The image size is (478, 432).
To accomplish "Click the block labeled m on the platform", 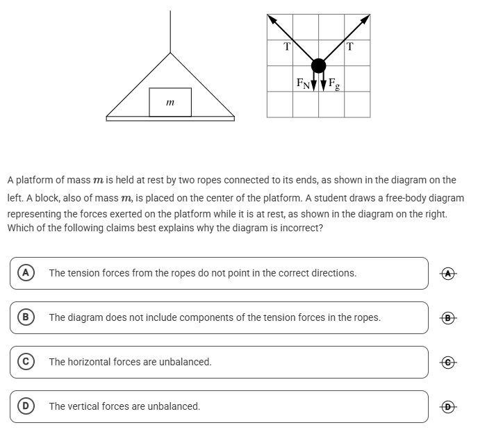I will point(170,102).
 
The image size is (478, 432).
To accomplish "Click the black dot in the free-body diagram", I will point(318,65).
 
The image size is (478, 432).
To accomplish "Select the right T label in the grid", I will point(349,47).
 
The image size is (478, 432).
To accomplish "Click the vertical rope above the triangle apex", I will point(170,31).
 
